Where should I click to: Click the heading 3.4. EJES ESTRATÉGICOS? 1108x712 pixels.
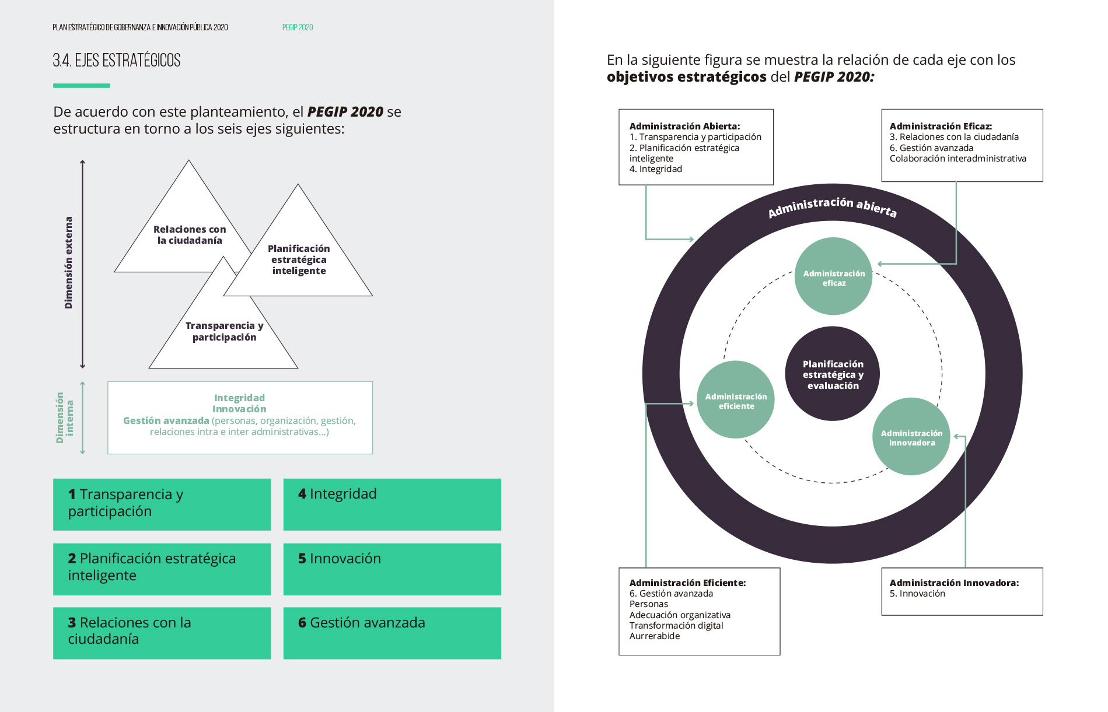[x=117, y=61]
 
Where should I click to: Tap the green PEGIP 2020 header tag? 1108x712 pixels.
[x=298, y=27]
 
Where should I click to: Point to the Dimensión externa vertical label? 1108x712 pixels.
[x=69, y=262]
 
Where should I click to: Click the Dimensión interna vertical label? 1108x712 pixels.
[x=64, y=418]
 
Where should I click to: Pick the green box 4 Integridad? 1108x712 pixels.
[x=392, y=504]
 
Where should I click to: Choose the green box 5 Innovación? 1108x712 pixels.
[x=392, y=569]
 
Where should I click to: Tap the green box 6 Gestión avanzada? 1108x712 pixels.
[x=392, y=633]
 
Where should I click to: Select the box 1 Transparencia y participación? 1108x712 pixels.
[x=162, y=504]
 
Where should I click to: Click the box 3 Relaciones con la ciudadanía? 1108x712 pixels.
[x=162, y=633]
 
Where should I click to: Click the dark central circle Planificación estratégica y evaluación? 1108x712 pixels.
[x=833, y=374]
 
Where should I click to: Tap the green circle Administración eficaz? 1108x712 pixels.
[x=834, y=277]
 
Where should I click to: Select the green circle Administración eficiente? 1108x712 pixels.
[x=736, y=400]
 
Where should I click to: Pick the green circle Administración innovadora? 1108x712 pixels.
[x=911, y=437]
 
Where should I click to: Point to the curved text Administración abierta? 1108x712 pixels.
[x=832, y=206]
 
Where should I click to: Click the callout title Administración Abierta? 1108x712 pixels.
[x=684, y=126]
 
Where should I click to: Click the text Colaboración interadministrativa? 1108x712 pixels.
[x=957, y=159]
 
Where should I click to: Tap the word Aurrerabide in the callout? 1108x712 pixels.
[x=655, y=636]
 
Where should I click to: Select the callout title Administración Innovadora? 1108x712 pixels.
[x=954, y=583]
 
